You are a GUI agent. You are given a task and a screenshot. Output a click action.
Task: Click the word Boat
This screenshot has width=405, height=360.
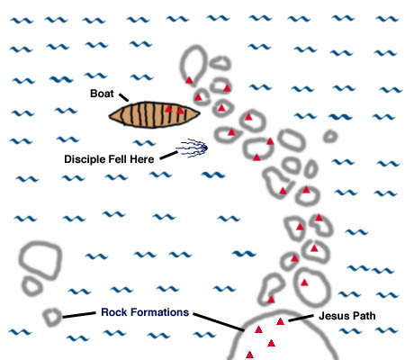(102, 94)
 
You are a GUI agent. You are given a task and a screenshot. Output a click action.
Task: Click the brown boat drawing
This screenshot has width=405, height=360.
(154, 115)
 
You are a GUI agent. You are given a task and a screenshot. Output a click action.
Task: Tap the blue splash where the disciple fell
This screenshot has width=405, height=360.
(193, 148)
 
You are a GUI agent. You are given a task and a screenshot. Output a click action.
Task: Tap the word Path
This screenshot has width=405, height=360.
(364, 316)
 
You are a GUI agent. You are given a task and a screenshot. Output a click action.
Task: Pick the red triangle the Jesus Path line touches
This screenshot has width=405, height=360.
(280, 321)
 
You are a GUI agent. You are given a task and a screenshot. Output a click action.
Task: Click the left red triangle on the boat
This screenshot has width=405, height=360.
(168, 109)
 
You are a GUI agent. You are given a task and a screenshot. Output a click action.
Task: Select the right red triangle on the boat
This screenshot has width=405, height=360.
(180, 111)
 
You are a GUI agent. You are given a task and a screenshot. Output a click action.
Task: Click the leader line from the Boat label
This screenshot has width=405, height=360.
(123, 97)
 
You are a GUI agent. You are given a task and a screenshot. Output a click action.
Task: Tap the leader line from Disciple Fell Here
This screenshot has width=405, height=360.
(168, 156)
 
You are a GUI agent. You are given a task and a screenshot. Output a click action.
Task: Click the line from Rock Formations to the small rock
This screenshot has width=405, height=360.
(79, 315)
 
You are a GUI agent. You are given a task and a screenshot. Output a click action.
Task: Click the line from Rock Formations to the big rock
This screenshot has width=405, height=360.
(219, 322)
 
